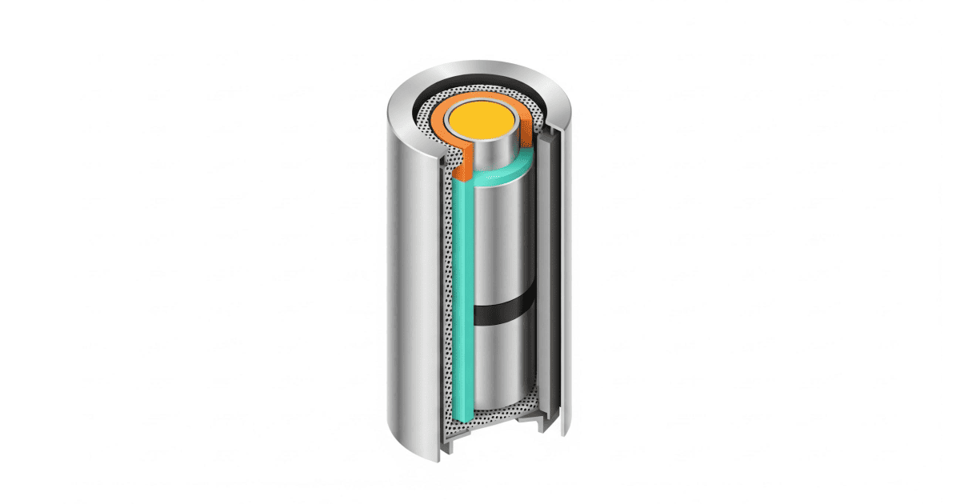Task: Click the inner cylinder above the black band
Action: click(504, 240)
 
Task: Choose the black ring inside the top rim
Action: click(480, 86)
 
